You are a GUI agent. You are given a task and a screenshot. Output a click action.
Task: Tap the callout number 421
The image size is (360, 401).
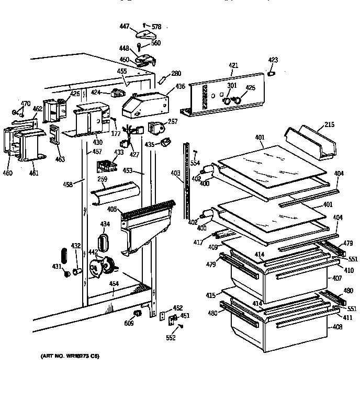[x=233, y=65]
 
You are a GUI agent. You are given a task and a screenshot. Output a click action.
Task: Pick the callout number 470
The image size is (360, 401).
[x=25, y=104]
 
